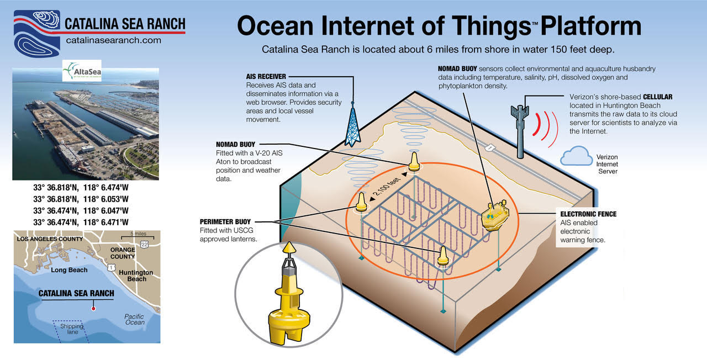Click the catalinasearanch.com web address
click(113, 40)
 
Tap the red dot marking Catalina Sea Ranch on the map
click(93, 308)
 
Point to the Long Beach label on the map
click(69, 270)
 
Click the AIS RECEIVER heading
click(268, 76)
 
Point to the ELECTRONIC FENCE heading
click(588, 214)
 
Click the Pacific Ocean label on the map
click(134, 320)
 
